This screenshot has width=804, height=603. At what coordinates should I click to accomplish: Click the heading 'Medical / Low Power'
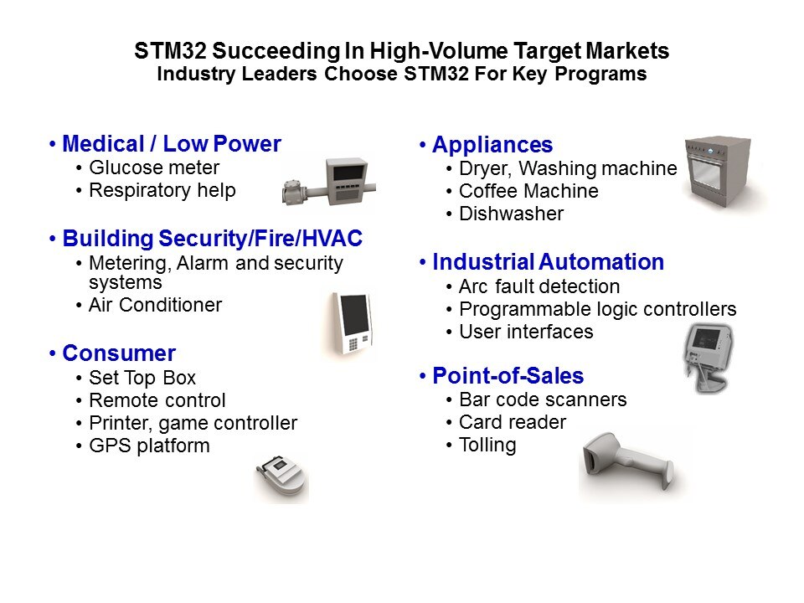172,144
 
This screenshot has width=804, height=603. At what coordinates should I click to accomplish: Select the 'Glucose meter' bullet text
154,167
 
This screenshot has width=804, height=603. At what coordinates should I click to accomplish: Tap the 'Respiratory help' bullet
162,190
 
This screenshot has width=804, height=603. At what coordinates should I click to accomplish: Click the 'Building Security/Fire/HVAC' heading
212,239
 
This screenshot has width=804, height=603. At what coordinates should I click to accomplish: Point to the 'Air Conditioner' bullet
155,305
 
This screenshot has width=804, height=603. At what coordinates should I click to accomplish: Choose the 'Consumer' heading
119,353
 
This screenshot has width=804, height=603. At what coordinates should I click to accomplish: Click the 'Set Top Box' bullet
142,378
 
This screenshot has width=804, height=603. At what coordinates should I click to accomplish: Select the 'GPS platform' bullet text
149,446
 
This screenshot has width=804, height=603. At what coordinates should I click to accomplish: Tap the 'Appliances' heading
492,145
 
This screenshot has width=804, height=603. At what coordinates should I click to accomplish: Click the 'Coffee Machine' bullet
528,191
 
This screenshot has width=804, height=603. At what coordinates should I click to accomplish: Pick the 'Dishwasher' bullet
511,214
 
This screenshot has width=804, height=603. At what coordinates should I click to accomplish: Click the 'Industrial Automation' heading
548,262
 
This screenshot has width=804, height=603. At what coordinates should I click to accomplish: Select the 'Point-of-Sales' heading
508,375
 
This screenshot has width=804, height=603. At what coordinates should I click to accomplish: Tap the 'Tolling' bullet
487,445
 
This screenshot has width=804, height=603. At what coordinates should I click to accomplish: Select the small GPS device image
281,477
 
